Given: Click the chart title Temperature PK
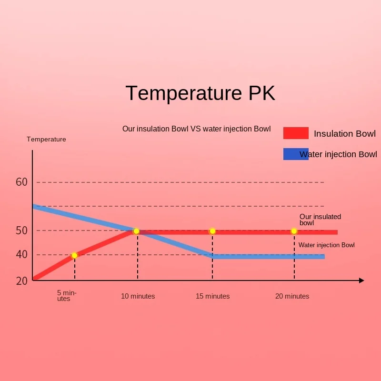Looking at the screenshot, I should coord(200,93).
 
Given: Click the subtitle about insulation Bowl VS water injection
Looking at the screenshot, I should coord(196,129).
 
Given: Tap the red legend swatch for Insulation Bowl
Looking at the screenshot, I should coord(296,133).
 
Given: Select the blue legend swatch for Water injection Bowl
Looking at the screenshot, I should coord(296,154).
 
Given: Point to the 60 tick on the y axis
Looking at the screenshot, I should coord(22,182).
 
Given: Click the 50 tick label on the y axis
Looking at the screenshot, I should coord(22,231).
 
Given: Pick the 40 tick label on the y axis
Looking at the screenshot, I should coord(22,255).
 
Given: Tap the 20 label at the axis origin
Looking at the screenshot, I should coord(22,281).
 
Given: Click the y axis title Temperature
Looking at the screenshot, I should coord(46,139).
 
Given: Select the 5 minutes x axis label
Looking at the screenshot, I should coord(66,296).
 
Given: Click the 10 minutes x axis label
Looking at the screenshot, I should coord(138,296).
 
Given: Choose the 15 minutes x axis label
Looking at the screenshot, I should coord(212,296).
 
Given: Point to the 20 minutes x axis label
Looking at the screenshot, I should coord(292,296).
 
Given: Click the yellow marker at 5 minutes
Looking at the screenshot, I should coord(74,255).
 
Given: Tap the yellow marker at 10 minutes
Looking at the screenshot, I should coord(136,231).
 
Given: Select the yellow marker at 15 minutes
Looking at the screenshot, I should coord(212,231).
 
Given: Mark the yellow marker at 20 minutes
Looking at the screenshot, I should coord(294,231).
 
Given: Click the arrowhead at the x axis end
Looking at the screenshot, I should coord(361,281).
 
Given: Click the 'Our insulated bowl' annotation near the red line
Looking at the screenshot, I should coord(320,220).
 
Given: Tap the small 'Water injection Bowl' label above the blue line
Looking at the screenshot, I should coord(327,245).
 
